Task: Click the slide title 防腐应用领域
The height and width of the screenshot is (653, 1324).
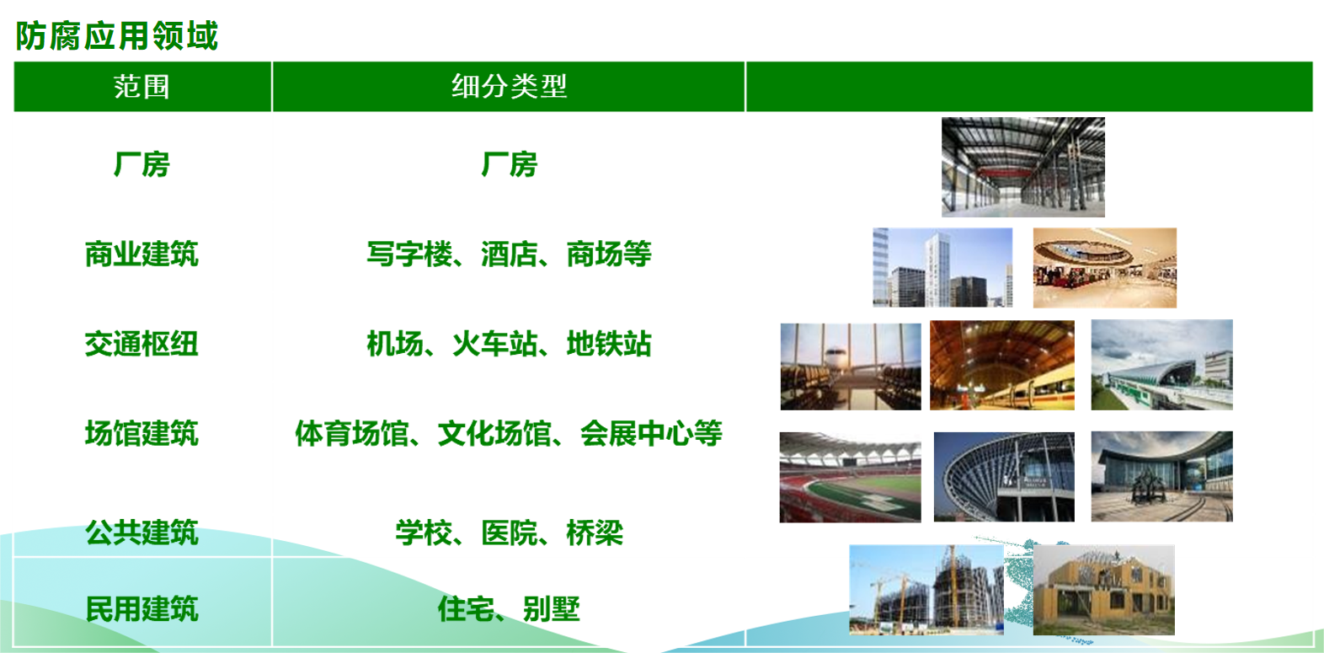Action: [x=116, y=36]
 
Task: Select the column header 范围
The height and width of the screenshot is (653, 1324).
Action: [x=141, y=87]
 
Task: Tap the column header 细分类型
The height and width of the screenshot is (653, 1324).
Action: [x=509, y=86]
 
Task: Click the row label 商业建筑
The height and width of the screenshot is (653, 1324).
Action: [x=141, y=254]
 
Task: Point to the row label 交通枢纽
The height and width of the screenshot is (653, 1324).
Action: [x=141, y=344]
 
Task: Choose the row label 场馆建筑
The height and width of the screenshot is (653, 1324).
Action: [x=141, y=433]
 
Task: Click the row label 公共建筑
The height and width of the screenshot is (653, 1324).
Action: [x=141, y=533]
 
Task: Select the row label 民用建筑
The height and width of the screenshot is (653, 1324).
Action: [x=141, y=608]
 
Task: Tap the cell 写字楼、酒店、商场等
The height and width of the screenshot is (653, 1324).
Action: [x=509, y=254]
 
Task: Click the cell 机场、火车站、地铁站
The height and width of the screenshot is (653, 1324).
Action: [x=509, y=344]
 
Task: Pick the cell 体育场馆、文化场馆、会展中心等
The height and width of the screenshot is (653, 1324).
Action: [x=509, y=433]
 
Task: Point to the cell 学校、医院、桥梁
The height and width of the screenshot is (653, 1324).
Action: [x=509, y=533]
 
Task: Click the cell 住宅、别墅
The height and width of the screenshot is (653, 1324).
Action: [x=509, y=608]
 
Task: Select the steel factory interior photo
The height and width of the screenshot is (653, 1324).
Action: [x=1023, y=168]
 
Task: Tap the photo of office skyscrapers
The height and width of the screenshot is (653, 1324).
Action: [x=942, y=267]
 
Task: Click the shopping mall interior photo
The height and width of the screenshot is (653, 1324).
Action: [x=1105, y=268]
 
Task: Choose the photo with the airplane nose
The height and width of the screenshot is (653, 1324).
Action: [x=851, y=367]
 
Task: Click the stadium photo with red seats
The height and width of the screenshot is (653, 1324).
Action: [x=850, y=478]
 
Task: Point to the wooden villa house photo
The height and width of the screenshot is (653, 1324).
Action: [x=1103, y=591]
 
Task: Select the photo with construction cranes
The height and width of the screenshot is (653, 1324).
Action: [x=926, y=591]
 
